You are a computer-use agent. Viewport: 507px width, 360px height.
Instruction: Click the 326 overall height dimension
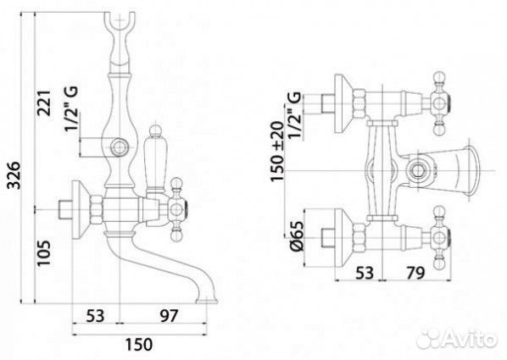pyautogui.click(x=14, y=174)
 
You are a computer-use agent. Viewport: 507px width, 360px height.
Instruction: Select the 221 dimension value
pyautogui.click(x=44, y=103)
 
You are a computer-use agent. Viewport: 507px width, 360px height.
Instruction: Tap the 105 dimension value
pyautogui.click(x=44, y=253)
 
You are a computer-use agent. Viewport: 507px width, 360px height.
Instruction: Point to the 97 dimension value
pyautogui.click(x=169, y=315)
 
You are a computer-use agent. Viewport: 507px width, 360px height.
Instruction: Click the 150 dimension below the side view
pyautogui.click(x=139, y=345)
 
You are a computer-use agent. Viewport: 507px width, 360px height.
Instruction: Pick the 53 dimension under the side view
pyautogui.click(x=96, y=316)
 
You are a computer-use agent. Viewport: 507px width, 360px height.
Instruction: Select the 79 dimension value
pyautogui.click(x=415, y=273)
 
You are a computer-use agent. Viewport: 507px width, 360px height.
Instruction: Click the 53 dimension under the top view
pyautogui.click(x=365, y=273)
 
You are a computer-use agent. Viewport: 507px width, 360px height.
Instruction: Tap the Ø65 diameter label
pyautogui.click(x=296, y=236)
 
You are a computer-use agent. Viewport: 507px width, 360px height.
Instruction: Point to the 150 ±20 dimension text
pyautogui.click(x=277, y=152)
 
